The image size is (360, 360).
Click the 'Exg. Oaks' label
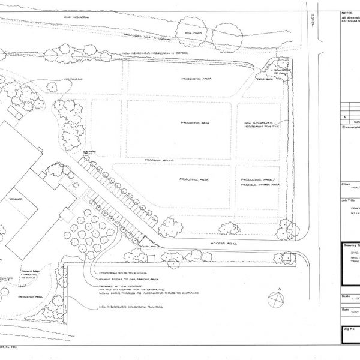[x=193, y=34]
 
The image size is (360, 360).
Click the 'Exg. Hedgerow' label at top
[x=77, y=17]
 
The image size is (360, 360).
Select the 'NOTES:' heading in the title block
[x=347, y=12]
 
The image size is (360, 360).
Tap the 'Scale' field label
[x=346, y=296]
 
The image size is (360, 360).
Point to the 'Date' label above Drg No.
[x=345, y=310]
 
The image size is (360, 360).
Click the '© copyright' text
[x=350, y=127]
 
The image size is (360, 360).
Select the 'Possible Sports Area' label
[x=260, y=185]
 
